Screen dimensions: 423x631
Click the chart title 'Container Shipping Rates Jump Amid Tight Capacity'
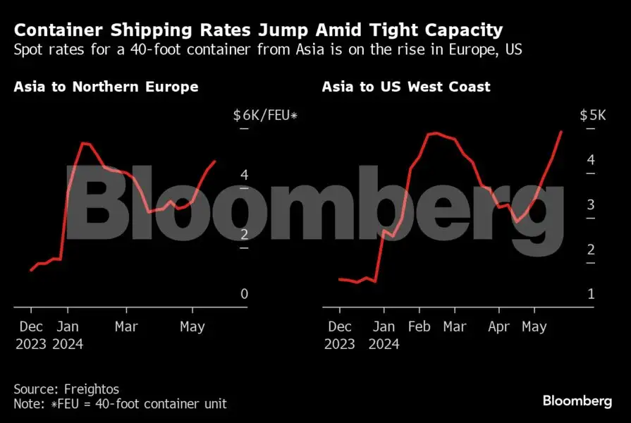(258, 30)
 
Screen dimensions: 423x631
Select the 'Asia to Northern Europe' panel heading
(106, 87)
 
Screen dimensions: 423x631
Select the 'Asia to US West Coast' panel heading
(406, 87)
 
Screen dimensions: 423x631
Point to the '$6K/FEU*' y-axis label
(265, 116)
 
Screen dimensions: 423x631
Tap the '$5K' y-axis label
(592, 116)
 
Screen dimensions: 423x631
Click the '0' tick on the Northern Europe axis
(244, 294)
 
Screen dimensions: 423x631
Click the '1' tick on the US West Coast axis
(590, 294)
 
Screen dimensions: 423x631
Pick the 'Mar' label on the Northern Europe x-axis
(126, 327)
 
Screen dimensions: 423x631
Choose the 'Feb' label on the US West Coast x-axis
(419, 327)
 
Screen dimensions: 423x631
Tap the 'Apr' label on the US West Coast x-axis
(498, 327)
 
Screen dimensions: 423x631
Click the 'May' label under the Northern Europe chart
(192, 327)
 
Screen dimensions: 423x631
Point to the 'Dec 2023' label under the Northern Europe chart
(30, 336)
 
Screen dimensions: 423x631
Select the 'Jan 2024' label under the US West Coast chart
(384, 336)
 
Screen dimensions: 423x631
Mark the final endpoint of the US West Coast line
(562, 131)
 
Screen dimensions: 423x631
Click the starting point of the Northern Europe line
(31, 270)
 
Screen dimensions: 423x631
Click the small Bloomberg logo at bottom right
(577, 401)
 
